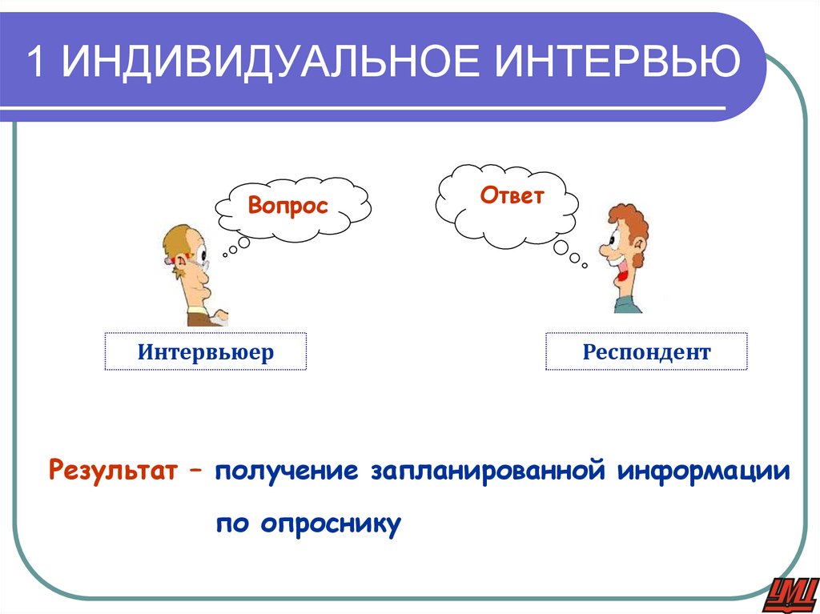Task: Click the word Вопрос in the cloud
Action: [x=288, y=206]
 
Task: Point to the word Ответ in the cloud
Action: [x=512, y=195]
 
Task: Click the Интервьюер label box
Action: [x=205, y=351]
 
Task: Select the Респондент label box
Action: [x=646, y=351]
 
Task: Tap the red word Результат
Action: [x=112, y=470]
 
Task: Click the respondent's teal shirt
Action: [x=626, y=305]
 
